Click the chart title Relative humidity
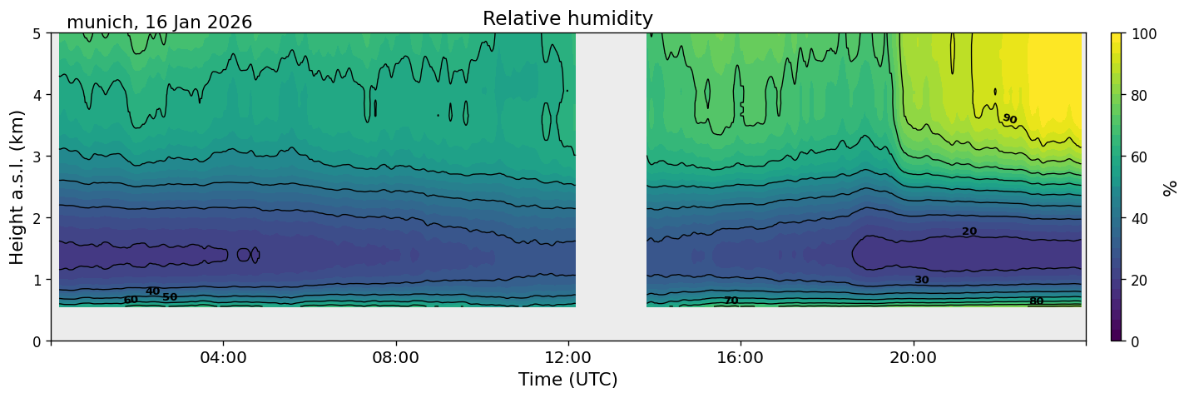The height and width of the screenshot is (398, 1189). [567, 18]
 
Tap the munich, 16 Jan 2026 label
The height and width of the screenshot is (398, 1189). [159, 22]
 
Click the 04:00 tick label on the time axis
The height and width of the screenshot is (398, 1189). [224, 357]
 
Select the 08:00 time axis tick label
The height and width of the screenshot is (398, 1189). [396, 357]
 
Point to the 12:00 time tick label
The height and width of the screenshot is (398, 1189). [568, 357]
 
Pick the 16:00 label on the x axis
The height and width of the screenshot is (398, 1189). [741, 357]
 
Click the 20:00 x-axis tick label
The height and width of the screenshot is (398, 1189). [913, 357]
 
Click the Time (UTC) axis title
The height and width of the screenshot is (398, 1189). [568, 380]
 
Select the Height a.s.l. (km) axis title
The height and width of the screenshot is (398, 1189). [17, 187]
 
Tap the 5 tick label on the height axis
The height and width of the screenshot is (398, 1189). [37, 34]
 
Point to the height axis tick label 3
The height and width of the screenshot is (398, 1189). [37, 157]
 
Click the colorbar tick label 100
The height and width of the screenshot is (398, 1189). [1144, 34]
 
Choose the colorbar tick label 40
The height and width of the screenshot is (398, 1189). [1139, 219]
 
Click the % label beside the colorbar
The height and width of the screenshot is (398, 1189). [1170, 188]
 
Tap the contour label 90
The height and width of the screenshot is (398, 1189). [1009, 118]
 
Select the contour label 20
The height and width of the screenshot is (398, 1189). [969, 231]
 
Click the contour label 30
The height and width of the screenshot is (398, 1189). [921, 280]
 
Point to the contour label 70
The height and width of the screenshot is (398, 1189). [731, 301]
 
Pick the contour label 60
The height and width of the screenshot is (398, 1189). [131, 300]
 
